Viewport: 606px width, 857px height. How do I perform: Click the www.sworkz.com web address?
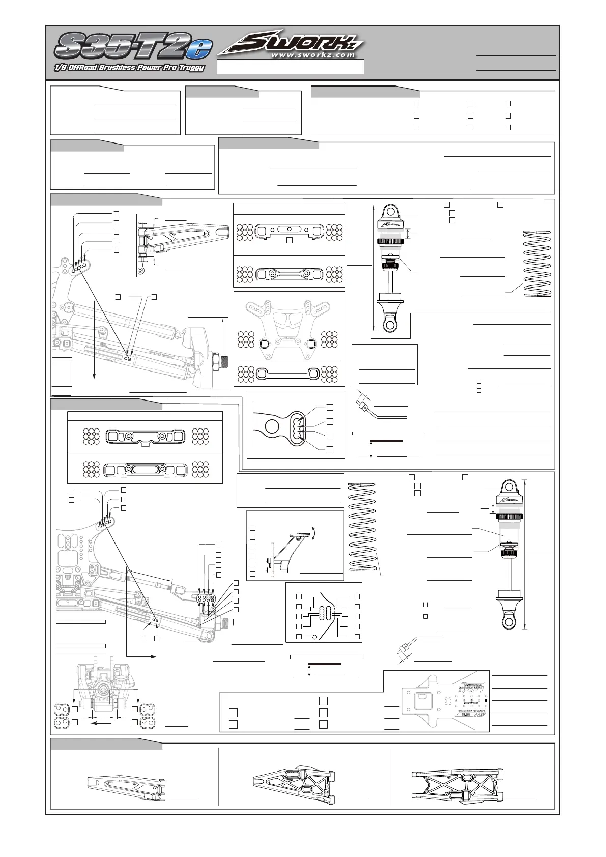point(312,54)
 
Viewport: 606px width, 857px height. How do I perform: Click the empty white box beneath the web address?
point(291,67)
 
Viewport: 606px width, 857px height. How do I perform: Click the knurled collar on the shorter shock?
point(391,242)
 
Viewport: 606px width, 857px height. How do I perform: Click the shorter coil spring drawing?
point(537,263)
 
